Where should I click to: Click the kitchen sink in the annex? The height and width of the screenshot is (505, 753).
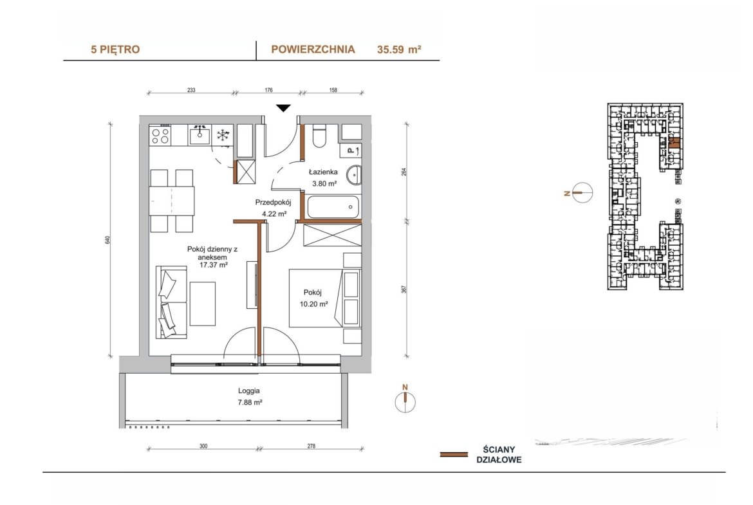pos(199,135)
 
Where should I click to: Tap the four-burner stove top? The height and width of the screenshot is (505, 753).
pos(160,135)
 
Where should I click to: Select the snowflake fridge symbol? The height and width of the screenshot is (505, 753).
pos(223,135)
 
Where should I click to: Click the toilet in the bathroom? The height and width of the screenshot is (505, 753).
pos(319,135)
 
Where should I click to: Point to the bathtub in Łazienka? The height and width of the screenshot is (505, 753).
pos(333,207)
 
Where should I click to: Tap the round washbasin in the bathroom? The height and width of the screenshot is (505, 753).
pos(355,175)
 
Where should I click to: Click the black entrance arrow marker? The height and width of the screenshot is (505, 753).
pos(283,109)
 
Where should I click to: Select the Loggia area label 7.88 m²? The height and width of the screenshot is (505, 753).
pos(250,403)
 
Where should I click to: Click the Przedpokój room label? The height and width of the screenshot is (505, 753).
pos(274,202)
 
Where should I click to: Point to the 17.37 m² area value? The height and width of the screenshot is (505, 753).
pos(213,264)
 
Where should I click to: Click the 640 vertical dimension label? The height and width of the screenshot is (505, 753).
pos(108,239)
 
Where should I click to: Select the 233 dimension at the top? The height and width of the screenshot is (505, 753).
pos(191,90)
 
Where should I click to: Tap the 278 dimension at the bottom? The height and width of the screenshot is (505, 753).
pos(311,446)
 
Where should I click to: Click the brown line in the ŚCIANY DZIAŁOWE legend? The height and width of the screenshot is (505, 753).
pos(454,454)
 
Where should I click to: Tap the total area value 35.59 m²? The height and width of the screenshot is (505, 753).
pos(399,49)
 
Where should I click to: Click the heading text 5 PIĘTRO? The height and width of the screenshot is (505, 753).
pos(115,49)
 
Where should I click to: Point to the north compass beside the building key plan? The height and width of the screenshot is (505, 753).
pos(582,193)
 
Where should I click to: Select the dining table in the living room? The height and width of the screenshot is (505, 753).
pos(171,201)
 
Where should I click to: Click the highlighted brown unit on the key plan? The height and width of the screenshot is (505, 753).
pos(674,142)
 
